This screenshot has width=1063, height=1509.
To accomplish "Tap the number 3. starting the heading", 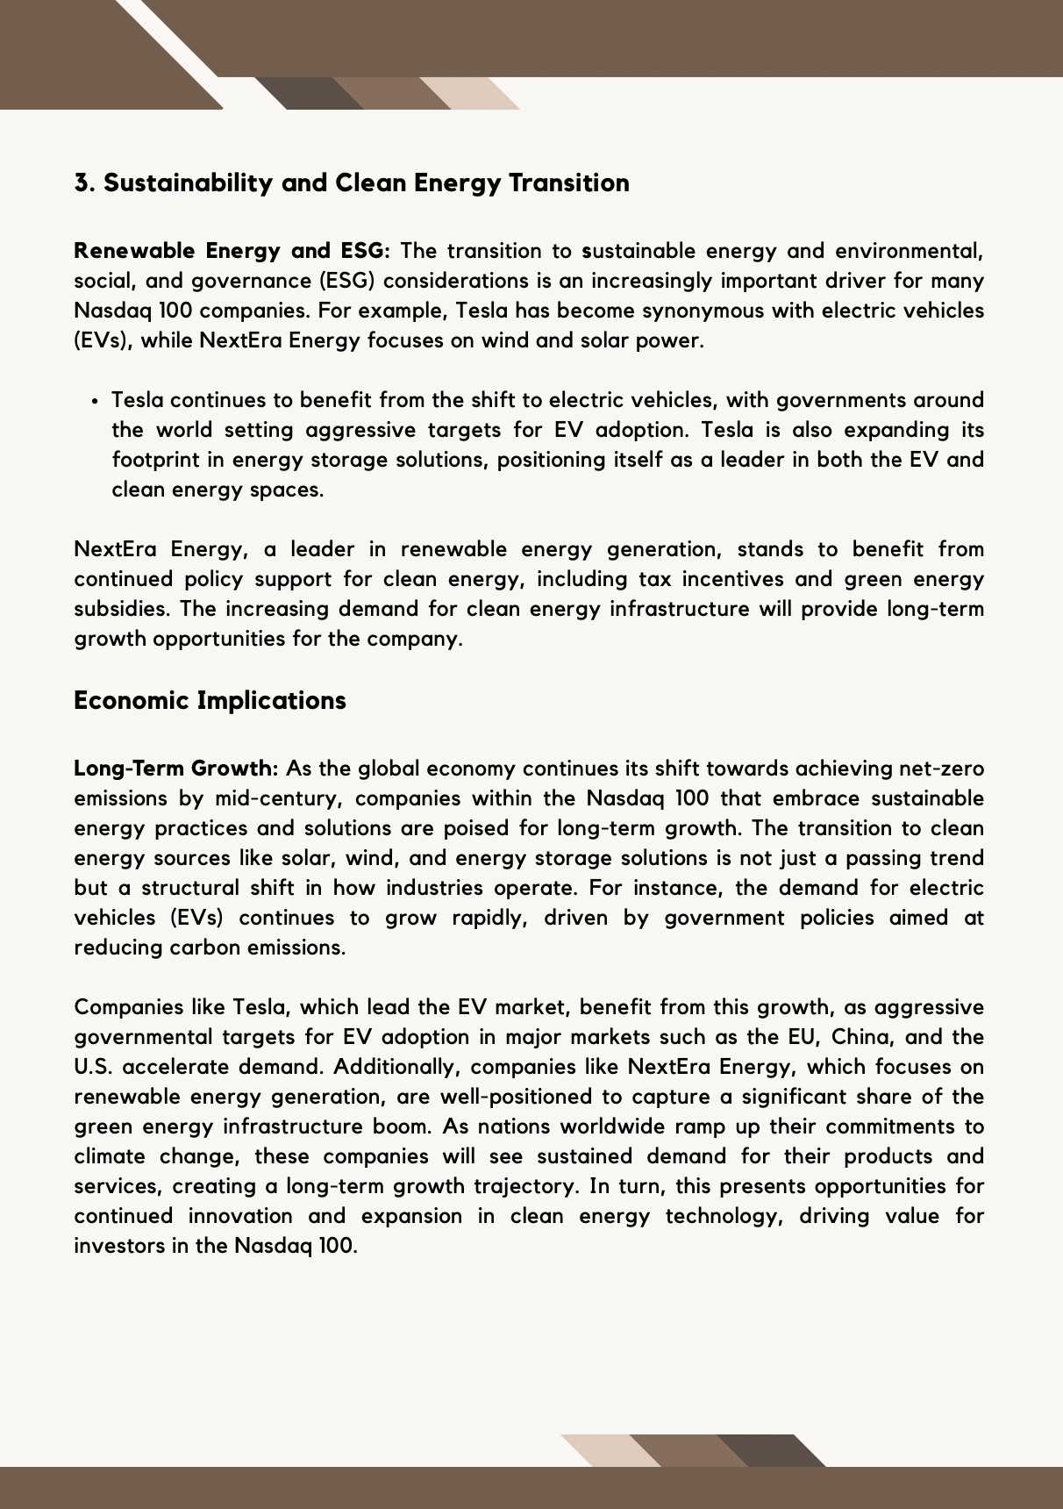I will coord(84,182).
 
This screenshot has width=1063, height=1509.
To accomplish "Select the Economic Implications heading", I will coord(210,700).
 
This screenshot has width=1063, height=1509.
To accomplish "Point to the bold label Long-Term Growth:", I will coord(175,769).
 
